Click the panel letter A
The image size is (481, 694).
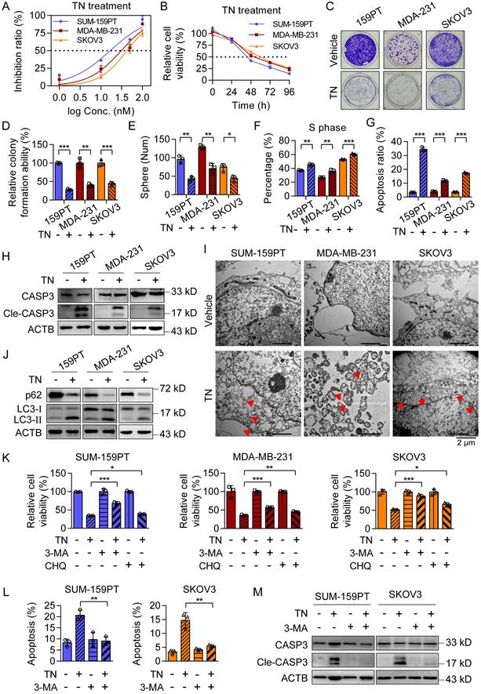tap(6, 7)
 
